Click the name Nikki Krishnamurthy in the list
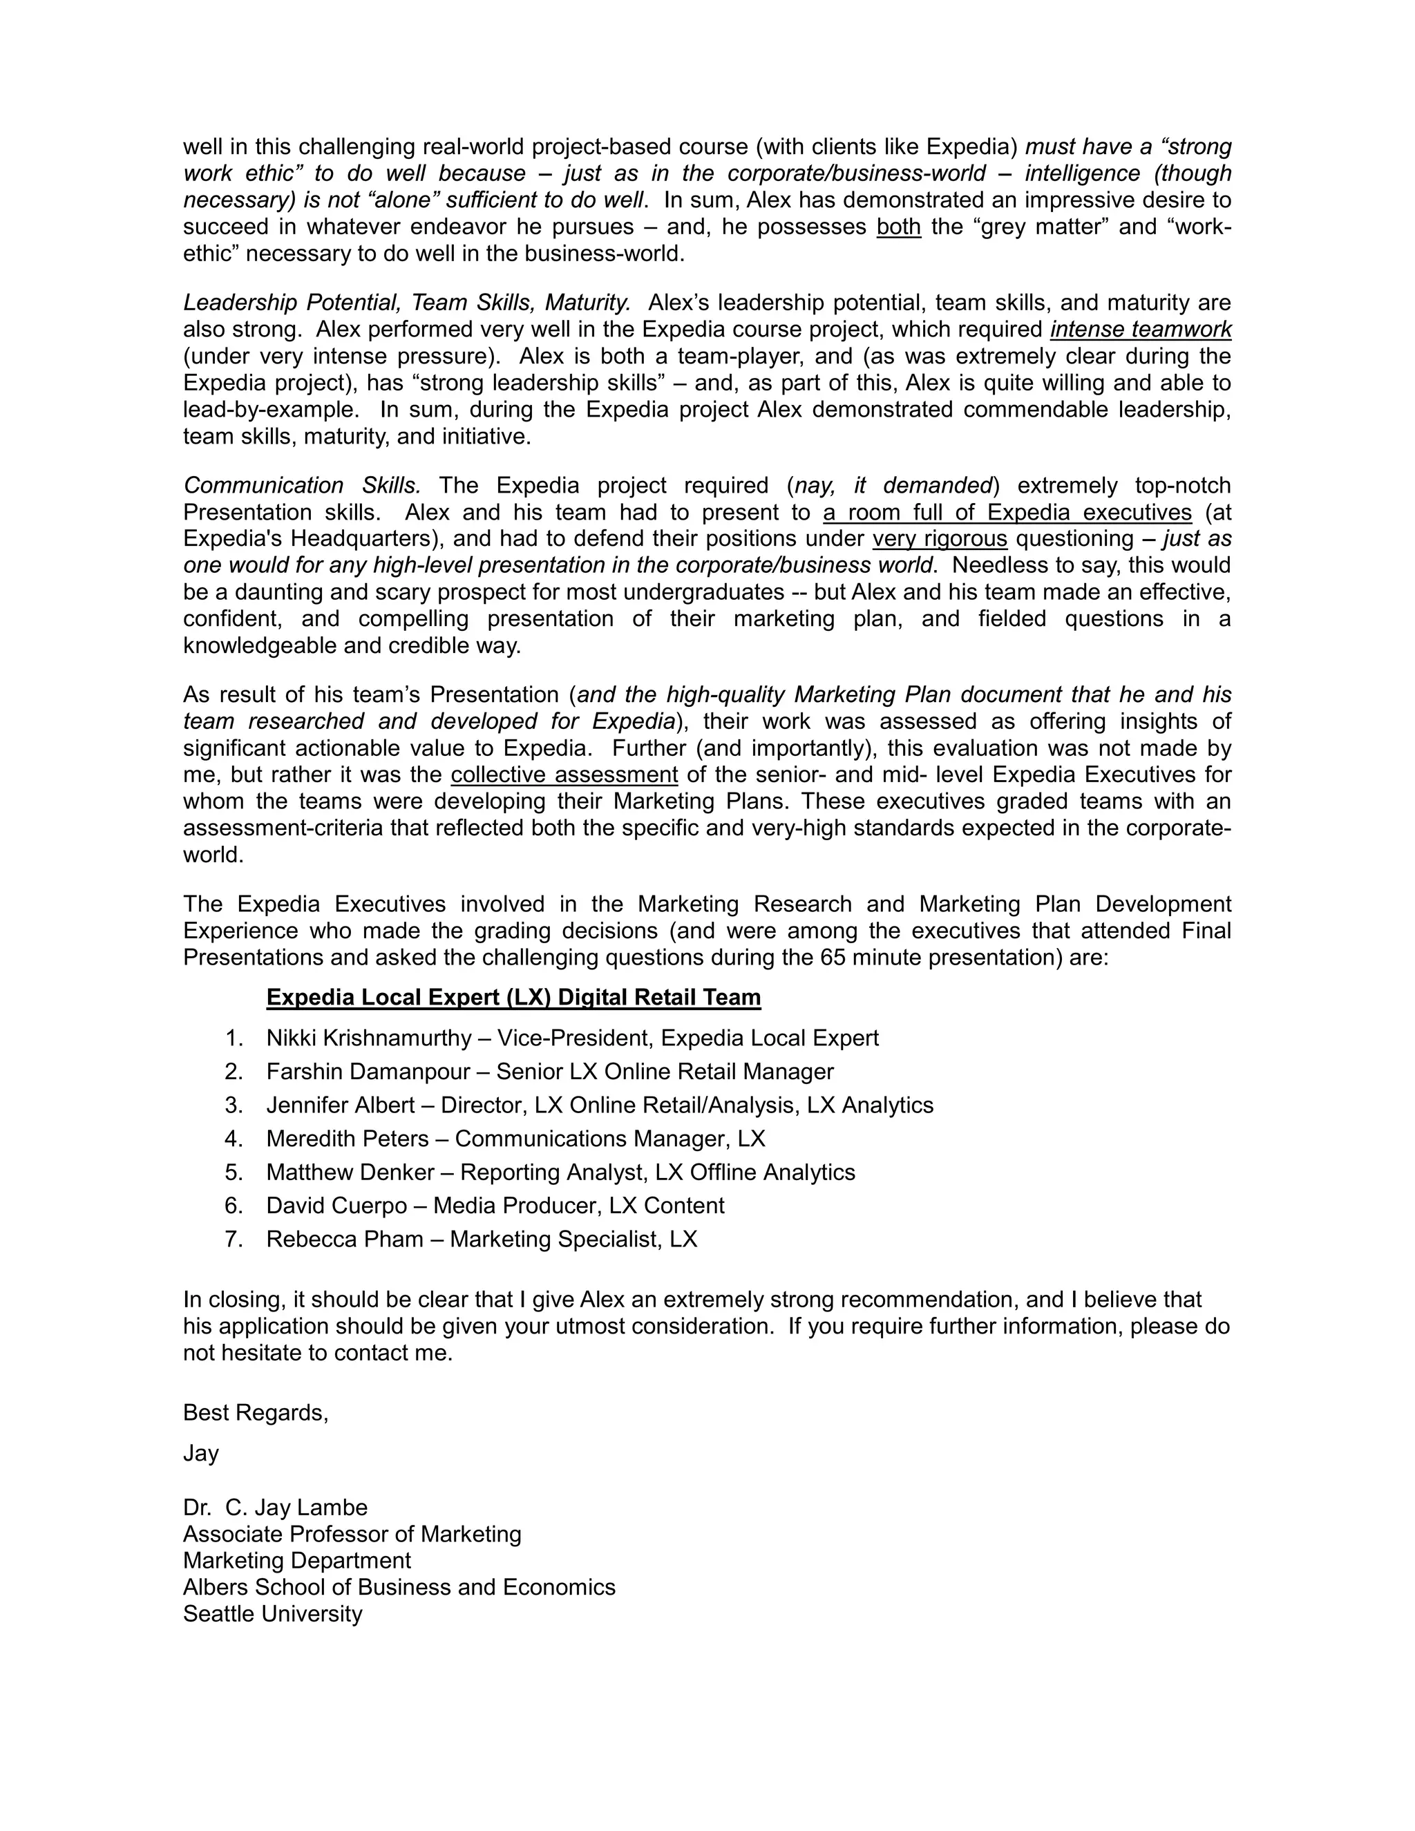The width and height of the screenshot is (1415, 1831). (x=369, y=1038)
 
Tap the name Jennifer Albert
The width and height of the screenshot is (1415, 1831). (x=341, y=1105)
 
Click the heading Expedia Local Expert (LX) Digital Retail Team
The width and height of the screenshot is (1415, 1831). (x=513, y=998)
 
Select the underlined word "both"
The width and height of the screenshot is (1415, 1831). (x=899, y=227)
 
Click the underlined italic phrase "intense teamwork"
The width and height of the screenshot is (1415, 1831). (x=1140, y=330)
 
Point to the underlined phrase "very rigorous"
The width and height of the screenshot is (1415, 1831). (x=940, y=538)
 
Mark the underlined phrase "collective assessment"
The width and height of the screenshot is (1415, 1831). (x=564, y=775)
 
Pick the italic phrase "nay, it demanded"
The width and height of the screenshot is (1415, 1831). (x=893, y=486)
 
